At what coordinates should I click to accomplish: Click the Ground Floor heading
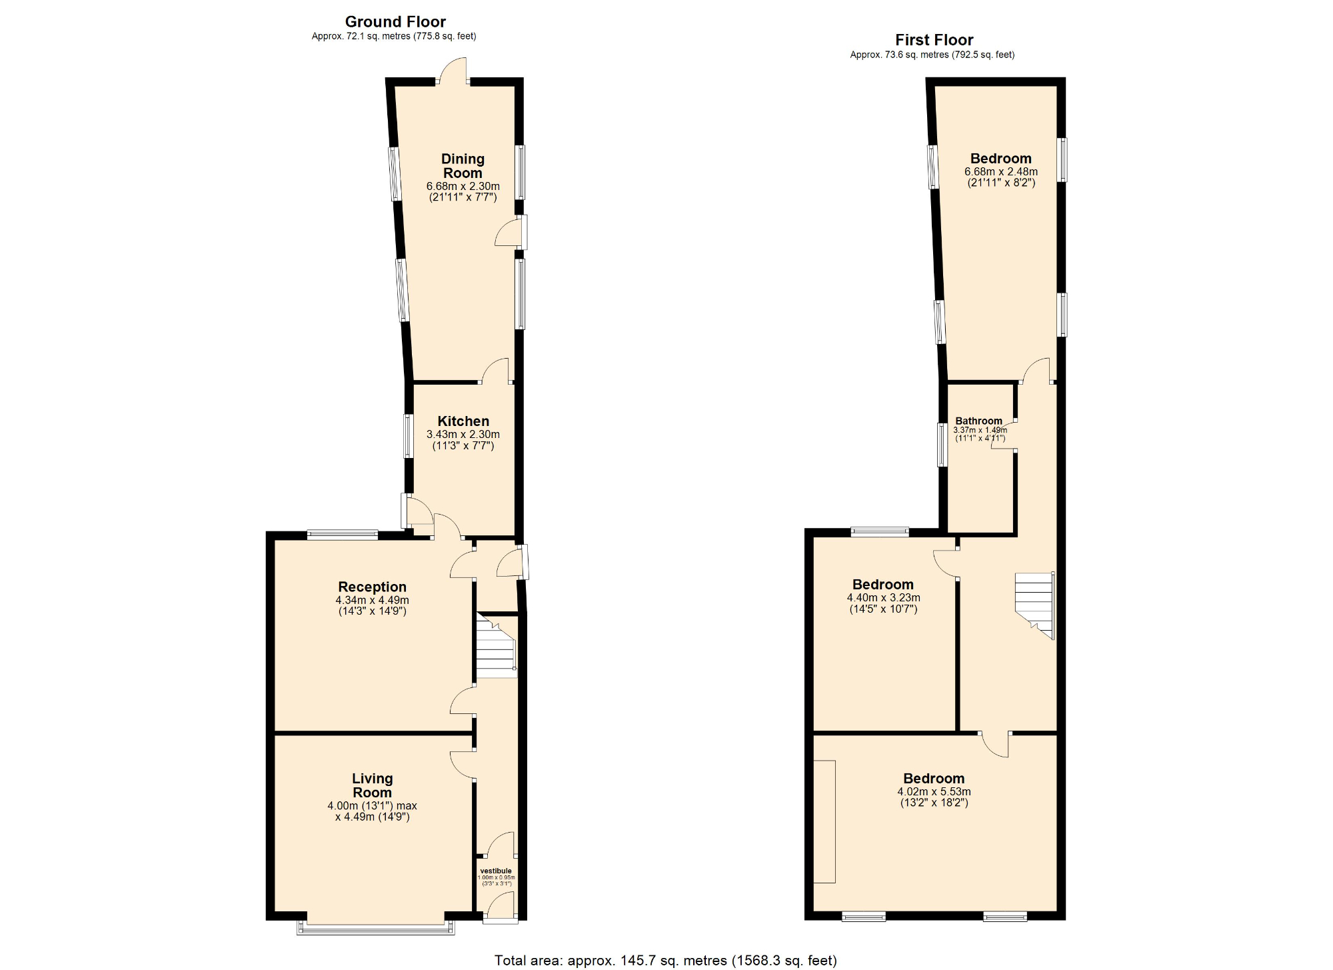[x=395, y=22]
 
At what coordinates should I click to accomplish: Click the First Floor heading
[x=933, y=40]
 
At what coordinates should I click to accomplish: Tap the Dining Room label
[x=463, y=166]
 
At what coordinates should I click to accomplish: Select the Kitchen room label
[x=463, y=421]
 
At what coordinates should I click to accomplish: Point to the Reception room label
[x=372, y=587]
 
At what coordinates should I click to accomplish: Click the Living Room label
[x=372, y=785]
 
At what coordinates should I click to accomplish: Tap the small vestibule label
[x=496, y=871]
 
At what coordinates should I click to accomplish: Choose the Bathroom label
[x=978, y=421]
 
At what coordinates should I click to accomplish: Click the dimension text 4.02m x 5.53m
[x=934, y=792]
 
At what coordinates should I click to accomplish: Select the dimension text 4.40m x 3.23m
[x=883, y=598]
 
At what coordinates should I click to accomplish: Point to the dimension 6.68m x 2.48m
[x=1000, y=172]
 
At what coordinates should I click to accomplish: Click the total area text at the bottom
[x=665, y=961]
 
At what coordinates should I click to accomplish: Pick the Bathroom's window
[x=942, y=445]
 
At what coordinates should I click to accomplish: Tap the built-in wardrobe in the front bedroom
[x=824, y=821]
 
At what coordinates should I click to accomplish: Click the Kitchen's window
[x=408, y=436]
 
